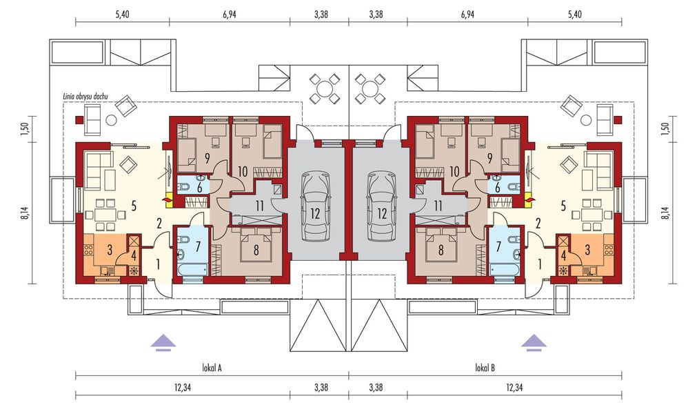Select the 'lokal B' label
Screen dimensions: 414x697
click(485, 368)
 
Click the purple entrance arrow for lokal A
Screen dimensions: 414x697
click(163, 340)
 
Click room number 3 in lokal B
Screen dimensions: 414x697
click(588, 249)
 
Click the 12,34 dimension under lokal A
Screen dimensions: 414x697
click(182, 387)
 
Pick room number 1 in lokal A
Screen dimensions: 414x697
click(157, 263)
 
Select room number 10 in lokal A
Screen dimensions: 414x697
click(243, 170)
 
